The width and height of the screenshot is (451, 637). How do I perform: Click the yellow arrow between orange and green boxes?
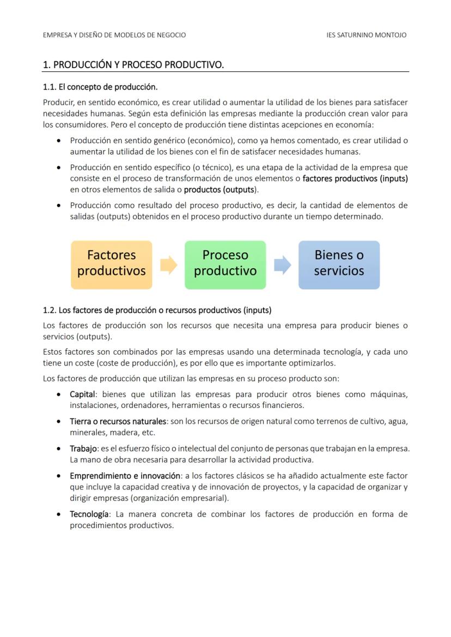tap(168, 265)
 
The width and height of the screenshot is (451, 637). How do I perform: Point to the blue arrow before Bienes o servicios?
tap(282, 265)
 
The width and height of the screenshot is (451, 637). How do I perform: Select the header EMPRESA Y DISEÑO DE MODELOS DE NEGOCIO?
tap(114, 35)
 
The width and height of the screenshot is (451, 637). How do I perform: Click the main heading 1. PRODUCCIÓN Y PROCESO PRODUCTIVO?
tap(133, 65)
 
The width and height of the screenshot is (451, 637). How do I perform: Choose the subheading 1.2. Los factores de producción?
tap(157, 310)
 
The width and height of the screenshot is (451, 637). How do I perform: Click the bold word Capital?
tap(83, 394)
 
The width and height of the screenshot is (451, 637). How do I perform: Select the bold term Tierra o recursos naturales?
tap(118, 422)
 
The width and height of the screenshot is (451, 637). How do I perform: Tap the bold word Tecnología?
tap(89, 514)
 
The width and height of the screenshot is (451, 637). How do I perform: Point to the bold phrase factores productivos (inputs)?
tap(355, 178)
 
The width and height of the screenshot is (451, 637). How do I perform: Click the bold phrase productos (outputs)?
tap(220, 190)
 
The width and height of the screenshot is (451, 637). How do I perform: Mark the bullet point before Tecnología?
tap(58, 515)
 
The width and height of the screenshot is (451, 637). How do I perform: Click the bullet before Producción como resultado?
tap(58, 206)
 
